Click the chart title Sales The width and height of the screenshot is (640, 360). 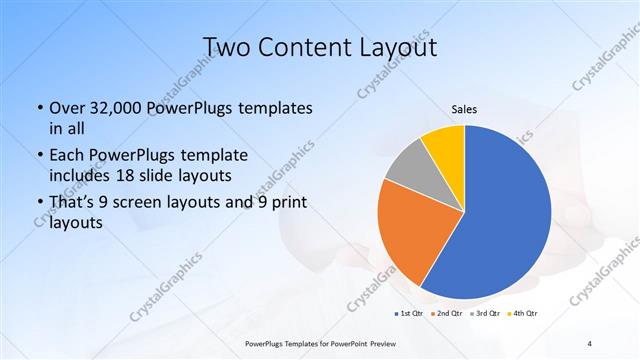coord(464,109)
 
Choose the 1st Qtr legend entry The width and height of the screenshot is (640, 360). coord(411,313)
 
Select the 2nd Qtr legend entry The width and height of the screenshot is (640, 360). coord(449,313)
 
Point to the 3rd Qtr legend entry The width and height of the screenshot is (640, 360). coord(487,313)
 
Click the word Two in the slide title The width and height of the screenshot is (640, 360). coord(227,47)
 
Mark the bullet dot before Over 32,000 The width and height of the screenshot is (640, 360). coord(39,108)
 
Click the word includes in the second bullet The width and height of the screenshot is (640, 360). coord(81,175)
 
